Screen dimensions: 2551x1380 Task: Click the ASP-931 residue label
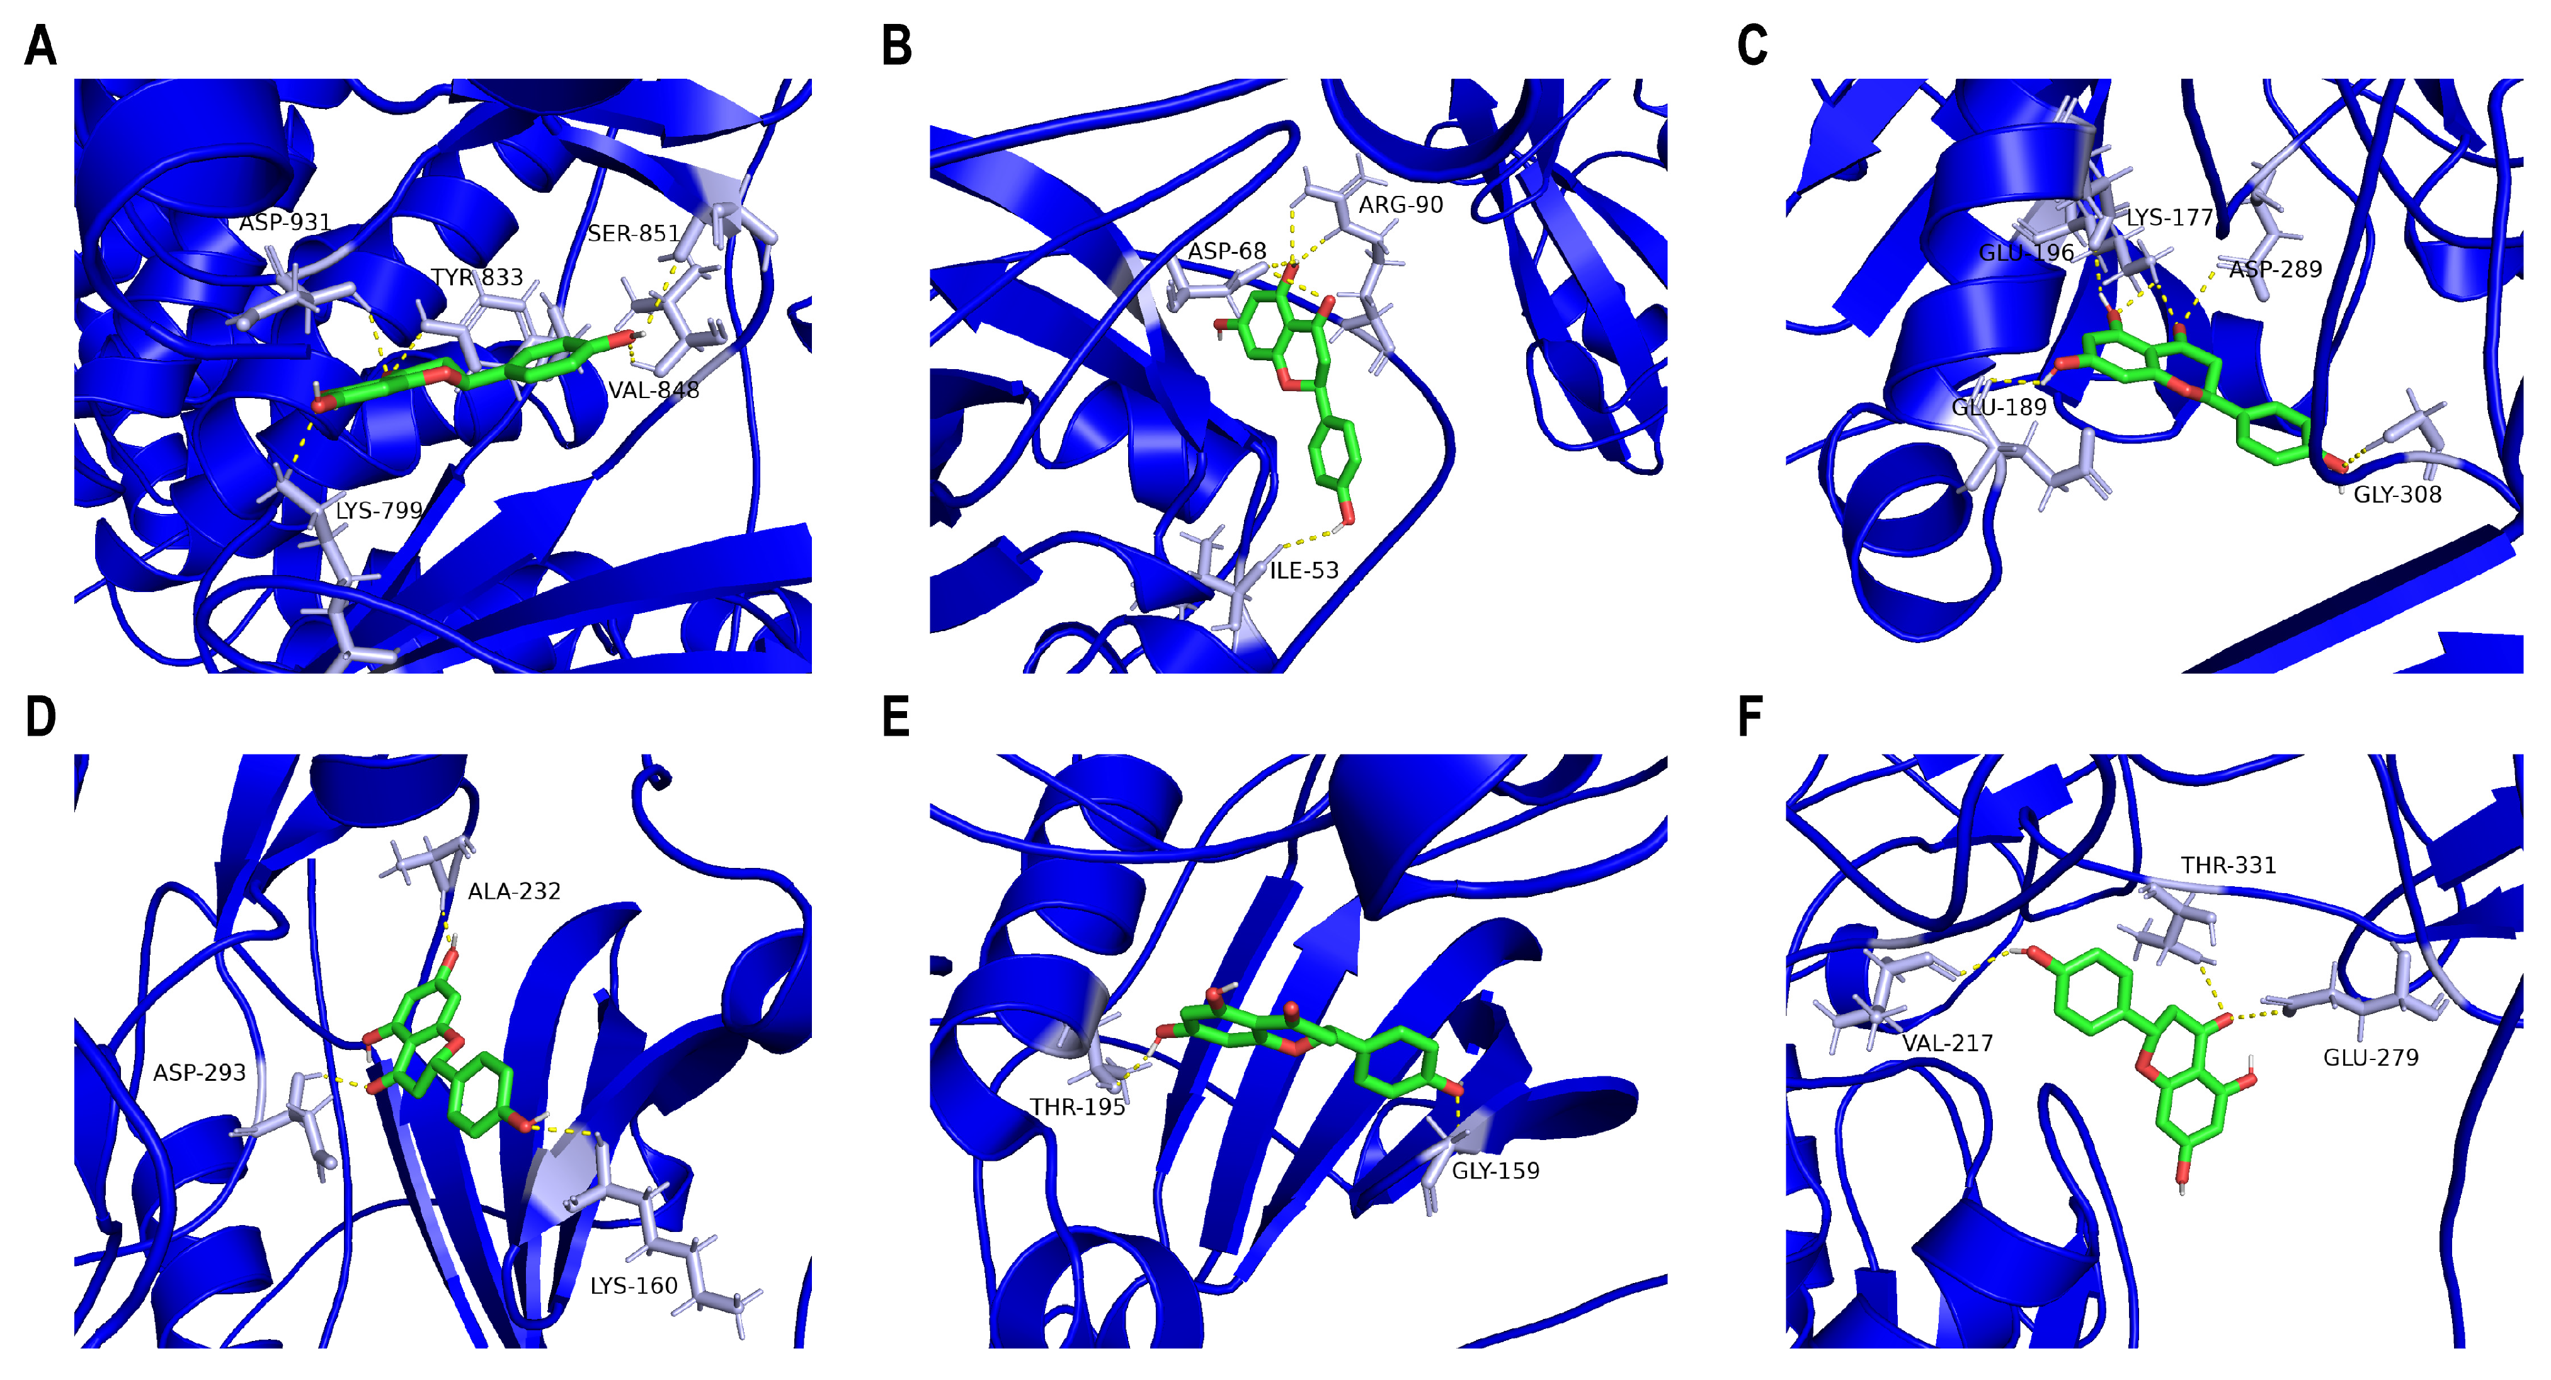tap(285, 222)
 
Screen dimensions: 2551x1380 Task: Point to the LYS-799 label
tap(379, 511)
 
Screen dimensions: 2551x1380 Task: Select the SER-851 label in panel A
tap(634, 234)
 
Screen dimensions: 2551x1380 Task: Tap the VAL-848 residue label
tap(654, 390)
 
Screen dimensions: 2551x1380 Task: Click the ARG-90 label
tap(1400, 205)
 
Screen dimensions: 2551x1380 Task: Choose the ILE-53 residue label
tap(1304, 570)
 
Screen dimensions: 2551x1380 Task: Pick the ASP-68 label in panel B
tap(1227, 251)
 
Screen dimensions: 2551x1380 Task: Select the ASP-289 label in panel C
tap(2276, 270)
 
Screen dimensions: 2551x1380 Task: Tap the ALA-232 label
tap(514, 892)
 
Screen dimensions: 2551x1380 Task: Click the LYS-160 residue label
tap(634, 1286)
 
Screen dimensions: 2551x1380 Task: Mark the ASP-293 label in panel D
tap(199, 1073)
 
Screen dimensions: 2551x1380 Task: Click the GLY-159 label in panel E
tap(1495, 1171)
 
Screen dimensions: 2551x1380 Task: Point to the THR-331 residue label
tap(2228, 865)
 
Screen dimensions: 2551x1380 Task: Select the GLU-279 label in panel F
tap(2371, 1058)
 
